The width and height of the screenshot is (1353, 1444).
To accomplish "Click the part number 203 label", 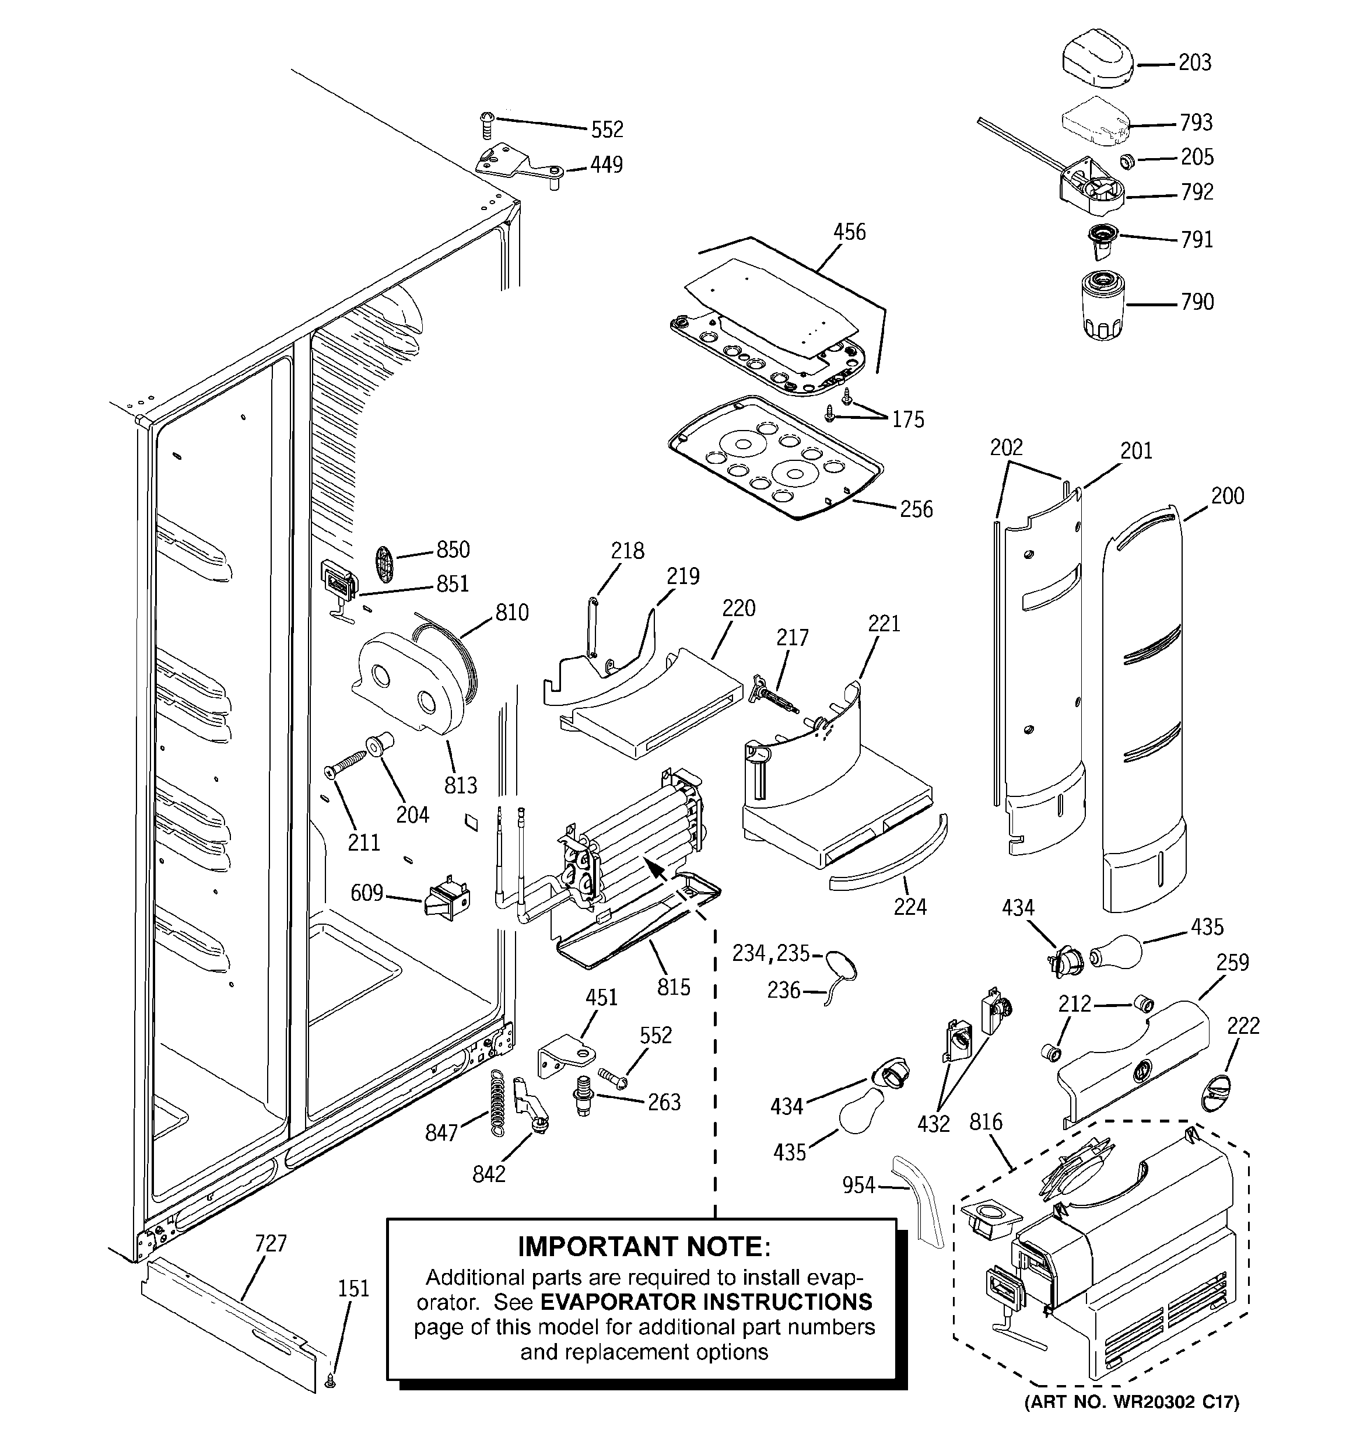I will click(x=1195, y=63).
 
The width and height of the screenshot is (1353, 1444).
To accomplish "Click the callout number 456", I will click(x=849, y=232).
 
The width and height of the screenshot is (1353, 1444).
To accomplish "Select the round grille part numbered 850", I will click(x=385, y=564).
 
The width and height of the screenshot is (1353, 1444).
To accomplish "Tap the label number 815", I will click(x=673, y=987).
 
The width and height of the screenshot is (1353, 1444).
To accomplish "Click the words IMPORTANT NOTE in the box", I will click(x=643, y=1246).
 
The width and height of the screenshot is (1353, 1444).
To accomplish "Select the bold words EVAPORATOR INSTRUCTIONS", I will click(x=706, y=1301).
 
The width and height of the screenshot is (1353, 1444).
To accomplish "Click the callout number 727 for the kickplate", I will click(x=270, y=1243).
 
